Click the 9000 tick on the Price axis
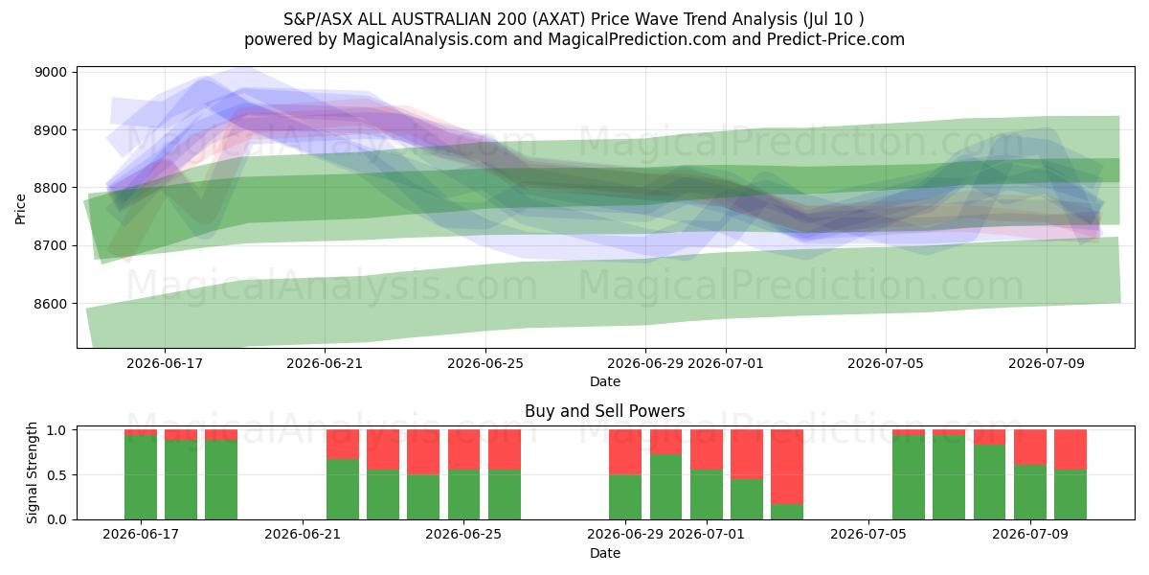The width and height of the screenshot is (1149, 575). click(x=51, y=73)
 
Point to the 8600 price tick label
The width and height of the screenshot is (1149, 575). click(x=51, y=304)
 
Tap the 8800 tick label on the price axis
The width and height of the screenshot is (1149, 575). click(x=51, y=188)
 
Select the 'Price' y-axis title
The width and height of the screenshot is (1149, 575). click(x=20, y=209)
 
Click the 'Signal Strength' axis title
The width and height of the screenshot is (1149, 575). click(x=32, y=472)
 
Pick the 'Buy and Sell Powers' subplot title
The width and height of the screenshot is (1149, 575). click(x=605, y=411)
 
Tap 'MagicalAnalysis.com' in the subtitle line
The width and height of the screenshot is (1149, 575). click(x=425, y=39)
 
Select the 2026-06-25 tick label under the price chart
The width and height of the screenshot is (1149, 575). click(x=485, y=363)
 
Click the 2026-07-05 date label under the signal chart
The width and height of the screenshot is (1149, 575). click(x=868, y=534)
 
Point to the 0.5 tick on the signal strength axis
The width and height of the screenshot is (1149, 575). click(x=56, y=475)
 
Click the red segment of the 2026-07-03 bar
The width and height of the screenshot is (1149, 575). click(x=787, y=467)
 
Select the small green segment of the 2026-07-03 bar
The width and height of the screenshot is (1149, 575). click(x=787, y=512)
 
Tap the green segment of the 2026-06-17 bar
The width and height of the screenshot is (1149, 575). click(x=141, y=477)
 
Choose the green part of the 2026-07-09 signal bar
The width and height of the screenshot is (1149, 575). click(x=1030, y=493)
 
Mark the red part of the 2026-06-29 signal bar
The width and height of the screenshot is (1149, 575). click(x=625, y=451)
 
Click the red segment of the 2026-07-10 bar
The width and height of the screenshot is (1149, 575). click(x=1070, y=449)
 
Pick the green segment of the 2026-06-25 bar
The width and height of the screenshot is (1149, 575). click(x=463, y=494)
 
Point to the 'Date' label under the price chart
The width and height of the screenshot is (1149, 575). click(x=605, y=381)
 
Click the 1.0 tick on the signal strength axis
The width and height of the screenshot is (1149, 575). click(x=56, y=430)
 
